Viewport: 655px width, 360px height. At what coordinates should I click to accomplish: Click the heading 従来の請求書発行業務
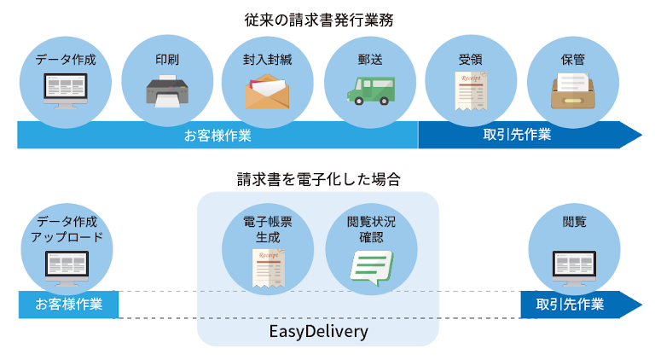click(x=327, y=18)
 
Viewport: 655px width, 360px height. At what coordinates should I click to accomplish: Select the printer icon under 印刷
click(x=168, y=90)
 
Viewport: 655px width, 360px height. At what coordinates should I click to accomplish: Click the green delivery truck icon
click(x=369, y=90)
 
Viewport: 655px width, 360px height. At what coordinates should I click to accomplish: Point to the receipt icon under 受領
click(x=470, y=91)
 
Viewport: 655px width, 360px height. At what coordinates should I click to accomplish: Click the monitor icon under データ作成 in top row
click(x=66, y=91)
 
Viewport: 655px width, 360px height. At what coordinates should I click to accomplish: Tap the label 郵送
click(x=369, y=61)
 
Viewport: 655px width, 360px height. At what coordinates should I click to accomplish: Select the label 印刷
click(x=168, y=61)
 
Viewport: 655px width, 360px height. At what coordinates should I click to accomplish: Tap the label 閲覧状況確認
click(x=371, y=229)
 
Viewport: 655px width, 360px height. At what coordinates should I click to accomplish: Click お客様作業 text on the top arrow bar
click(x=217, y=135)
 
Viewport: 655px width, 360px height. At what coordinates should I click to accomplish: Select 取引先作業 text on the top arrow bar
click(x=517, y=135)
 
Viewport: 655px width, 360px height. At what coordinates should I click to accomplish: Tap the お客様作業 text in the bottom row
click(x=68, y=305)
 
